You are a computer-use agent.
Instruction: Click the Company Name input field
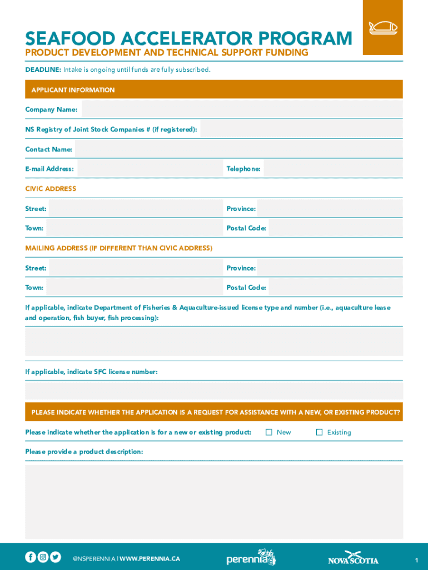[x=242, y=109]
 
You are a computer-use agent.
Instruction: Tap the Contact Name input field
[x=238, y=149]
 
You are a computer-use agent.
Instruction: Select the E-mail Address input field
[x=149, y=168]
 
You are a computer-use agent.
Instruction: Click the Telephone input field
[x=333, y=168]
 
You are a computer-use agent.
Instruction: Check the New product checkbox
[x=269, y=432]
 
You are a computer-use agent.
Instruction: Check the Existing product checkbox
[x=319, y=432]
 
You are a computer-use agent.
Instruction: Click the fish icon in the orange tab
[x=382, y=27]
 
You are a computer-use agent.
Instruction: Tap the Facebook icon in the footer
[x=31, y=557]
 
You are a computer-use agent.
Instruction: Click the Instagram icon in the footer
[x=43, y=557]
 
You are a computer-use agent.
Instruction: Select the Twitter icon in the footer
[x=56, y=557]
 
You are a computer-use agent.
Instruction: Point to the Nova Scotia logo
[x=353, y=558]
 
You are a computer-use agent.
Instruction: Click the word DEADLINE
[x=43, y=70]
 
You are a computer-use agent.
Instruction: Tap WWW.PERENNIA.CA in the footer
[x=150, y=558]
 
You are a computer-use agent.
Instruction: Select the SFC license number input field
[x=214, y=390]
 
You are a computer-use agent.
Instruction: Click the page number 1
[x=416, y=559]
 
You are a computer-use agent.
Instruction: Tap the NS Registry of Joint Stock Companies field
[x=301, y=129]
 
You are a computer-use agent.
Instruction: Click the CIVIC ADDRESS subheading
[x=51, y=189]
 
